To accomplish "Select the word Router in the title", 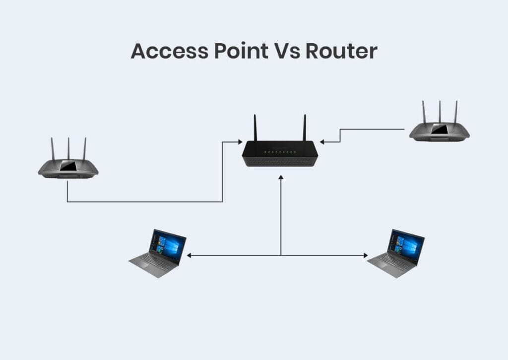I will pos(342,52).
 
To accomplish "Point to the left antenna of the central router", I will pos(255,128).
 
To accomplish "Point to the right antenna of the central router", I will pos(305,128).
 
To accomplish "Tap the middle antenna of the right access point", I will pos(440,111).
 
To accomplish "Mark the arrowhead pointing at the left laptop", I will pos(189,255).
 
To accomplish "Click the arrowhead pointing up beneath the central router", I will pos(281,177).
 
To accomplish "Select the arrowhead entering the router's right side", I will pos(322,142).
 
